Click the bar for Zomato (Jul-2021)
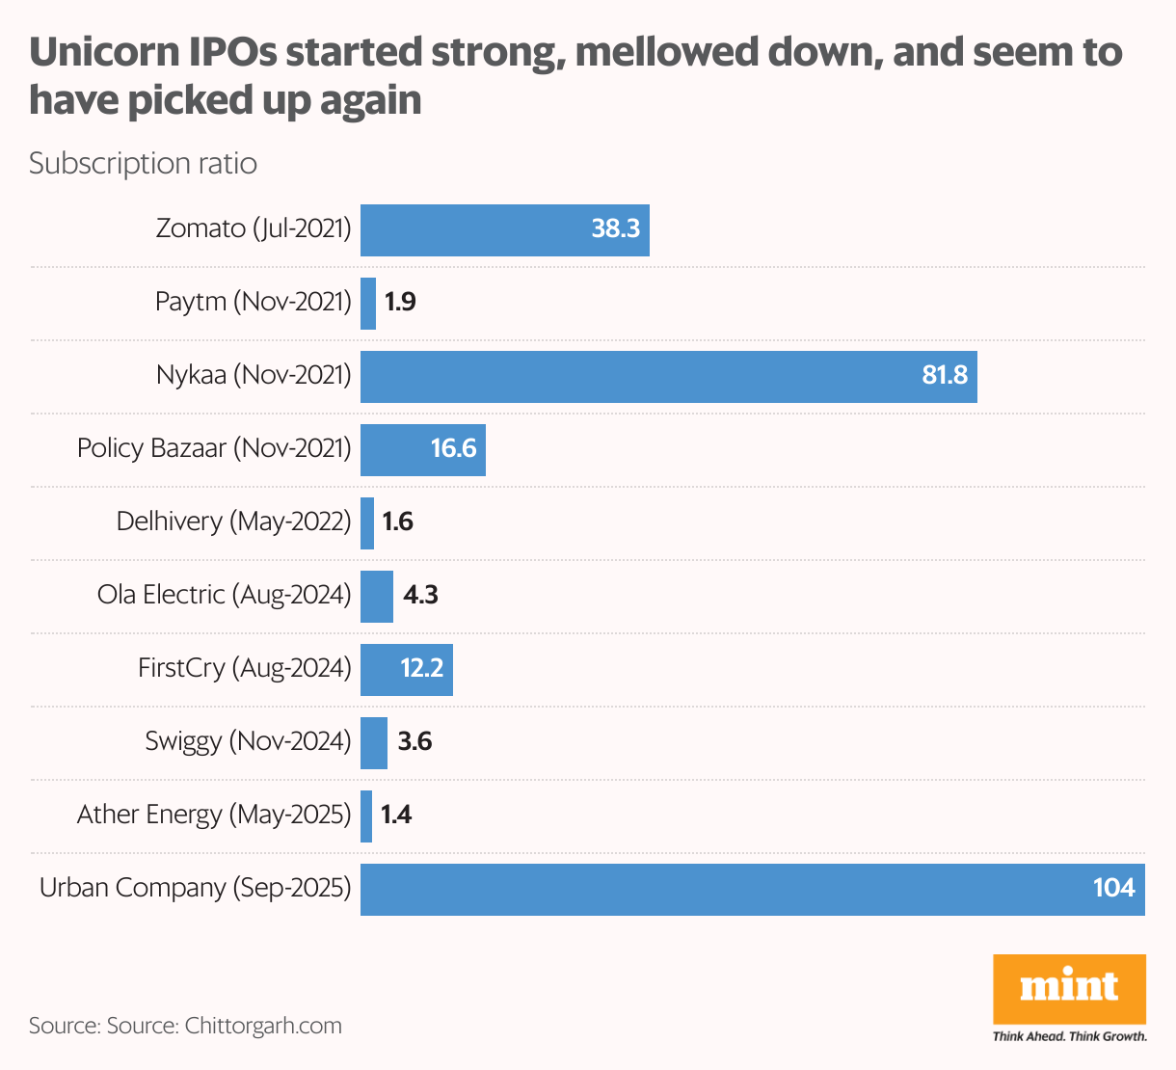pos(504,230)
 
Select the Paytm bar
pos(368,304)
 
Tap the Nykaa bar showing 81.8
pos(668,377)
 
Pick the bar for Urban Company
pos(752,890)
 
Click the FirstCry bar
pos(406,670)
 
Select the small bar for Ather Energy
pos(366,816)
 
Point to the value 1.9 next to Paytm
pos(400,303)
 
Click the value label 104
pos(1113,888)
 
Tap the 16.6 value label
pos(453,449)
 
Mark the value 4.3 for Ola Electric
pos(420,596)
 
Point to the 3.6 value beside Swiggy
pos(414,742)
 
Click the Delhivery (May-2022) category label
pos(233,522)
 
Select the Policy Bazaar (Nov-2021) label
pos(214,449)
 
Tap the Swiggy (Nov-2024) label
pos(248,742)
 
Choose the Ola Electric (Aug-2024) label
pos(224,596)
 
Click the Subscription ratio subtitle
pos(143,164)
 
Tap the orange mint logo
pos(1069,988)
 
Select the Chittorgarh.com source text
pos(262,1026)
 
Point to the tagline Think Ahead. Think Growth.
pos(1069,1037)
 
